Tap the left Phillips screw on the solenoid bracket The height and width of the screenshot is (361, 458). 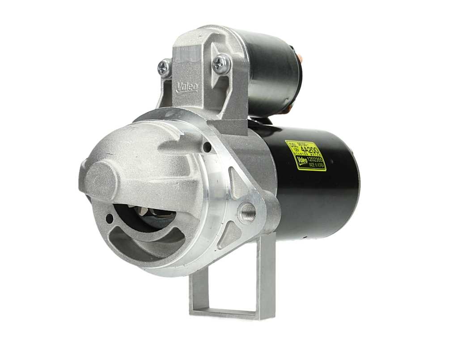pos(164,67)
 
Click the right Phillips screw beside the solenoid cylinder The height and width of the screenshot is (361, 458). pos(221,63)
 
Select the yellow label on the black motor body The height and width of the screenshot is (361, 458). pos(306,155)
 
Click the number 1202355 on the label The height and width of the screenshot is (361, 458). pos(316,158)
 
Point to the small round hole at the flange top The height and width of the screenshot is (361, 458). pos(207,146)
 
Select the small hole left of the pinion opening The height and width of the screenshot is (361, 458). pos(110,219)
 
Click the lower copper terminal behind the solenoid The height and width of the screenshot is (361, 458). pos(290,109)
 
